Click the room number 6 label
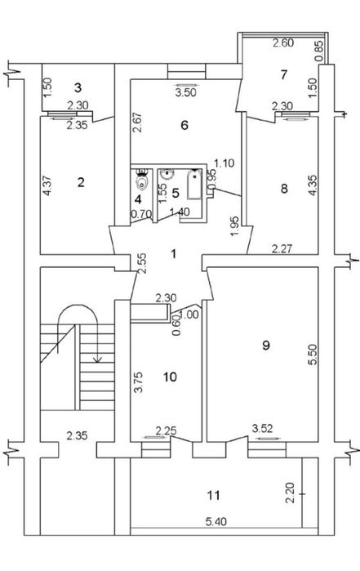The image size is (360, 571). [184, 125]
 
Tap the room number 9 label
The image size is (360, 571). [266, 345]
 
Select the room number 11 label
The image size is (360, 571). [214, 495]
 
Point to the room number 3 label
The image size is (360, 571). [78, 87]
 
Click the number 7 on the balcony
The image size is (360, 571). [284, 74]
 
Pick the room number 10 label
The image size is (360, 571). [170, 377]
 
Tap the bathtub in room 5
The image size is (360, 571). [194, 185]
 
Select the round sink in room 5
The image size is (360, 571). [167, 174]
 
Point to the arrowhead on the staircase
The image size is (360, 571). [97, 359]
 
